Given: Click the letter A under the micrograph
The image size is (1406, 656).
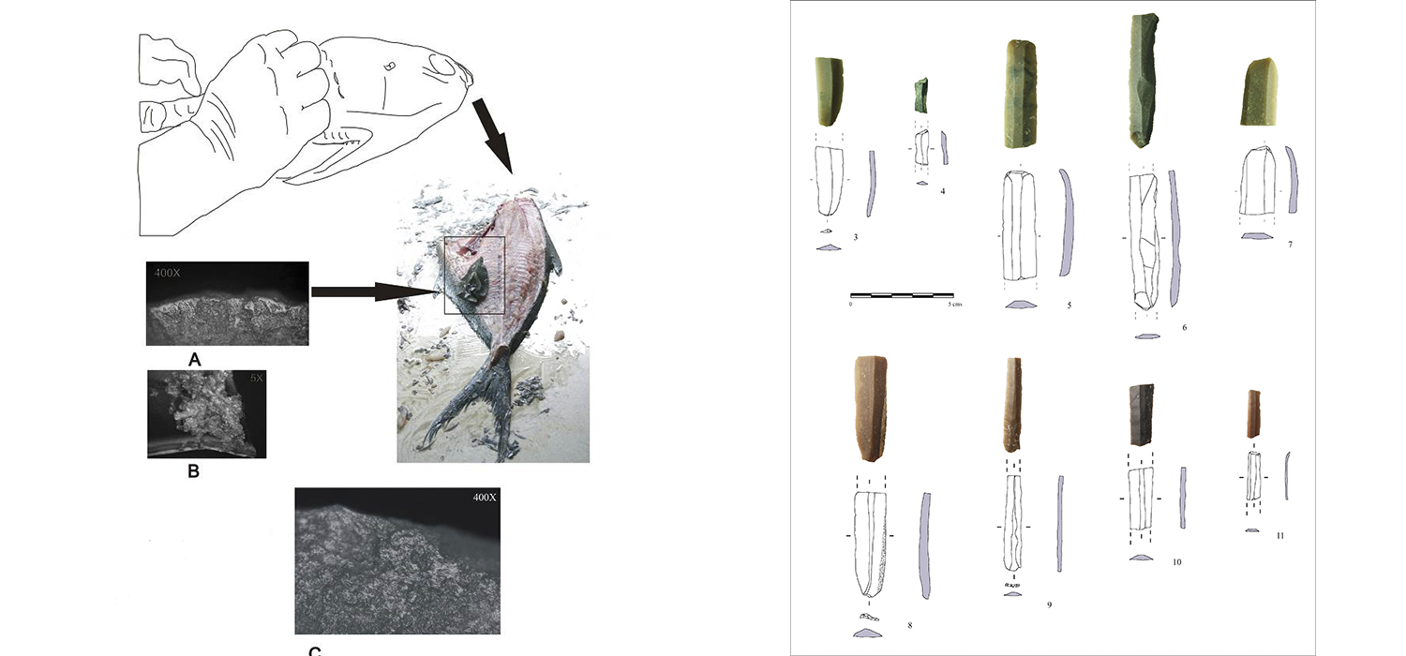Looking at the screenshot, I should (195, 358).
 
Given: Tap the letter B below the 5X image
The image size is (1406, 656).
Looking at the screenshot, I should (193, 471).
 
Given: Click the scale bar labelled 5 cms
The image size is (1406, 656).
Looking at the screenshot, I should (901, 296).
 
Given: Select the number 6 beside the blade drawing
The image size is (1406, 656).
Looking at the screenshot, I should (1184, 327).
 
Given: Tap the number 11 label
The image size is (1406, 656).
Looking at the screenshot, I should (1279, 535).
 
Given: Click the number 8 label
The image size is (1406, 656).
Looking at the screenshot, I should (909, 624).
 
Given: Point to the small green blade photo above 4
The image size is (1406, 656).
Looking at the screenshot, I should (921, 95).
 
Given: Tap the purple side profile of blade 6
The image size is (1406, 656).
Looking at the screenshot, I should (1175, 238).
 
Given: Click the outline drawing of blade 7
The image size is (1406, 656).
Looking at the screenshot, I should (1256, 187).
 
